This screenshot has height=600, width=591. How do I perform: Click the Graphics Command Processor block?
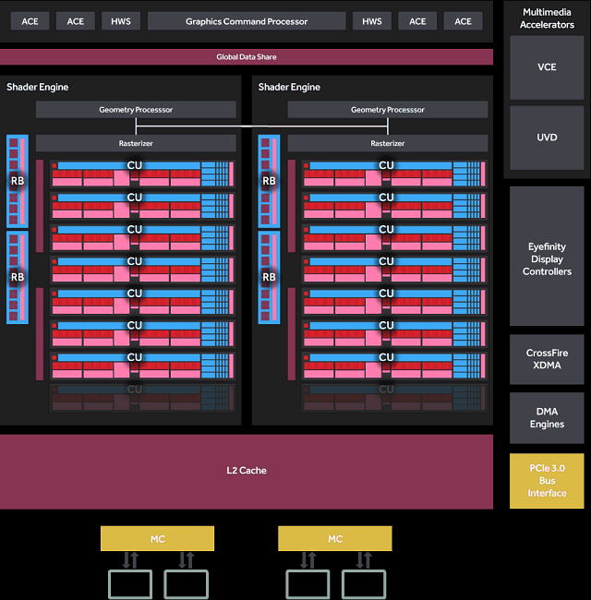pyautogui.click(x=246, y=21)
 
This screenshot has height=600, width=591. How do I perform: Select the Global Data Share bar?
pyautogui.click(x=246, y=57)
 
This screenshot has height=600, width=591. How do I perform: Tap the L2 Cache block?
pyautogui.click(x=246, y=471)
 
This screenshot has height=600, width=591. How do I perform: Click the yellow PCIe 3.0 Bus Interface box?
pyautogui.click(x=547, y=480)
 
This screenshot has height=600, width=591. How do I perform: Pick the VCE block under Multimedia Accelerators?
pyautogui.click(x=547, y=67)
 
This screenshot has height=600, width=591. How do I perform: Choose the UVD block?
pyautogui.click(x=547, y=138)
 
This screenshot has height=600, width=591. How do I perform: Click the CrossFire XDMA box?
pyautogui.click(x=547, y=359)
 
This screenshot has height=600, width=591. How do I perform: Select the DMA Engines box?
pyautogui.click(x=547, y=417)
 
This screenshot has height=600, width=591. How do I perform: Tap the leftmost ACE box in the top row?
pyautogui.click(x=30, y=21)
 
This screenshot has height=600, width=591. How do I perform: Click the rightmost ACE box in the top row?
pyautogui.click(x=463, y=21)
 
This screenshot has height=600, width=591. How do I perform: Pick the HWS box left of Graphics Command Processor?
pyautogui.click(x=120, y=21)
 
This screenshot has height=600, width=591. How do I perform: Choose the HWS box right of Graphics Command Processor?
pyautogui.click(x=371, y=21)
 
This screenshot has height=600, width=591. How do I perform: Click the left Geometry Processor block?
pyautogui.click(x=136, y=110)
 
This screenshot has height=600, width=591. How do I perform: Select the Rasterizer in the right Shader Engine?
pyautogui.click(x=387, y=143)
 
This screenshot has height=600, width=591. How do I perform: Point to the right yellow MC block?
pyautogui.click(x=334, y=538)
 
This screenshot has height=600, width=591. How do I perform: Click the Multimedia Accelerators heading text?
pyautogui.click(x=547, y=18)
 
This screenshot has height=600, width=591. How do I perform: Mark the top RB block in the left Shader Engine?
pyautogui.click(x=18, y=181)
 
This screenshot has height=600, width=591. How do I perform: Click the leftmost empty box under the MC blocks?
pyautogui.click(x=130, y=583)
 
